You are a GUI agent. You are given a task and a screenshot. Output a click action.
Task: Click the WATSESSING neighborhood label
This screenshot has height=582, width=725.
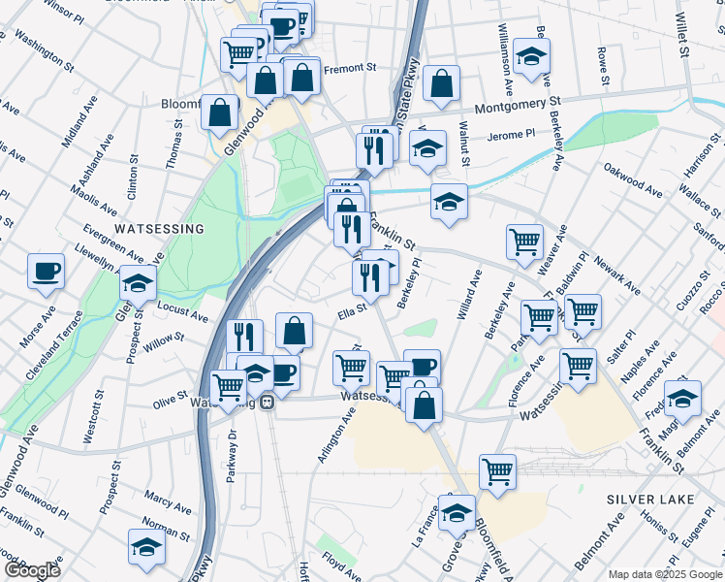159,229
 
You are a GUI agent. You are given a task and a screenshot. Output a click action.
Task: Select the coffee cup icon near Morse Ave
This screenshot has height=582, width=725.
46,271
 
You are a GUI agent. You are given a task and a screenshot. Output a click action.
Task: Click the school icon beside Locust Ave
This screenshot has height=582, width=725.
139,285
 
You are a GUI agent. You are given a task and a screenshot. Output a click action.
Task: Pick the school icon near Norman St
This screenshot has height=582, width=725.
146,547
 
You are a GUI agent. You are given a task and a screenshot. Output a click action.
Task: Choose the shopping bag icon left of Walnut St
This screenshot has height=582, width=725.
441,85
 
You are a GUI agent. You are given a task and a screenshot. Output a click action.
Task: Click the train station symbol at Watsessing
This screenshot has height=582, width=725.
267,404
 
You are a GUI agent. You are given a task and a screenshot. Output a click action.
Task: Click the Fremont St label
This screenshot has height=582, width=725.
349,69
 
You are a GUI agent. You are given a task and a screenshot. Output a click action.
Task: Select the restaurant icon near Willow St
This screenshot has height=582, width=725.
244,337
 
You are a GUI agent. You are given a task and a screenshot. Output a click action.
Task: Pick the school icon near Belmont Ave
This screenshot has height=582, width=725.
682,398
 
